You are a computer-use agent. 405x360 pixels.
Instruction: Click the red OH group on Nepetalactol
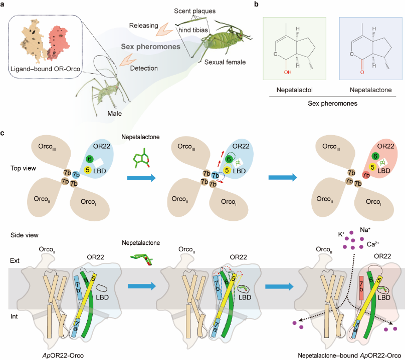(x=288, y=72)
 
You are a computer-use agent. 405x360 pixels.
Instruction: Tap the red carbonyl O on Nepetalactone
(x=362, y=72)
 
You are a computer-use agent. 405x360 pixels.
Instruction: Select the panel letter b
(x=256, y=4)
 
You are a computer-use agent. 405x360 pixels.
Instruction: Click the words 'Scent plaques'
(x=195, y=11)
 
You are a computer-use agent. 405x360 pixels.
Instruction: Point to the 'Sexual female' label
(x=225, y=62)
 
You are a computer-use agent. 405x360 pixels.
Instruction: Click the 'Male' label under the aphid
(x=115, y=114)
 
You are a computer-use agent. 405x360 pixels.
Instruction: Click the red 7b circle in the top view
(x=366, y=175)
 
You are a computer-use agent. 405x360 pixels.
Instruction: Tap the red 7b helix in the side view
(x=361, y=288)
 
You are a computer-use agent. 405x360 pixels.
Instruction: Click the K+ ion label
(x=341, y=234)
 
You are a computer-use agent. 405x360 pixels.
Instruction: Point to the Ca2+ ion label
(x=373, y=244)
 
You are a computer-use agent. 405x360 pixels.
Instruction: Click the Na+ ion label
(x=365, y=230)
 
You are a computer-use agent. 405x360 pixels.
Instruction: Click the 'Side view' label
(x=24, y=235)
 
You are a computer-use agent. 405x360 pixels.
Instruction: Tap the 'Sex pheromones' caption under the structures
(x=332, y=104)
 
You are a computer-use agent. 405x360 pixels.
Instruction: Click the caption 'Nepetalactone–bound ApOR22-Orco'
(x=349, y=355)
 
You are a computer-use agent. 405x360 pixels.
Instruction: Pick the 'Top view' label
(x=23, y=168)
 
